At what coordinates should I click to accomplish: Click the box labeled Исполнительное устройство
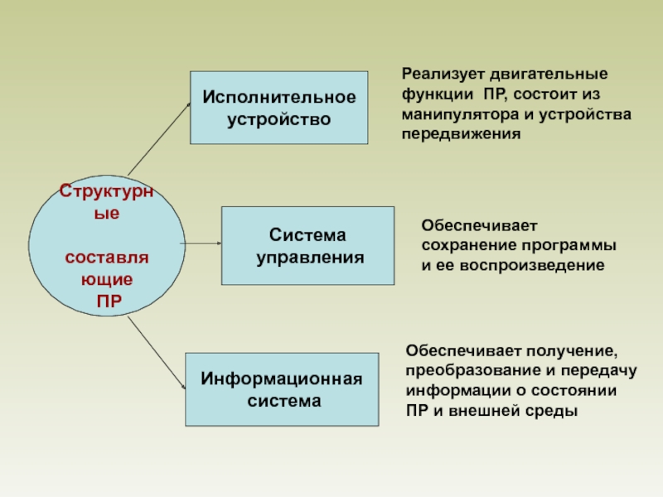279,108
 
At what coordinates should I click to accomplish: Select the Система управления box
307,246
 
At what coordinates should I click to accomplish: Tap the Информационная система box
283,389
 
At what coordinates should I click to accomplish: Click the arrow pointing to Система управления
202,244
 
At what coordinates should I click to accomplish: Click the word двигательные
547,73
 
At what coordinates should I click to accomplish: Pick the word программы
578,246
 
